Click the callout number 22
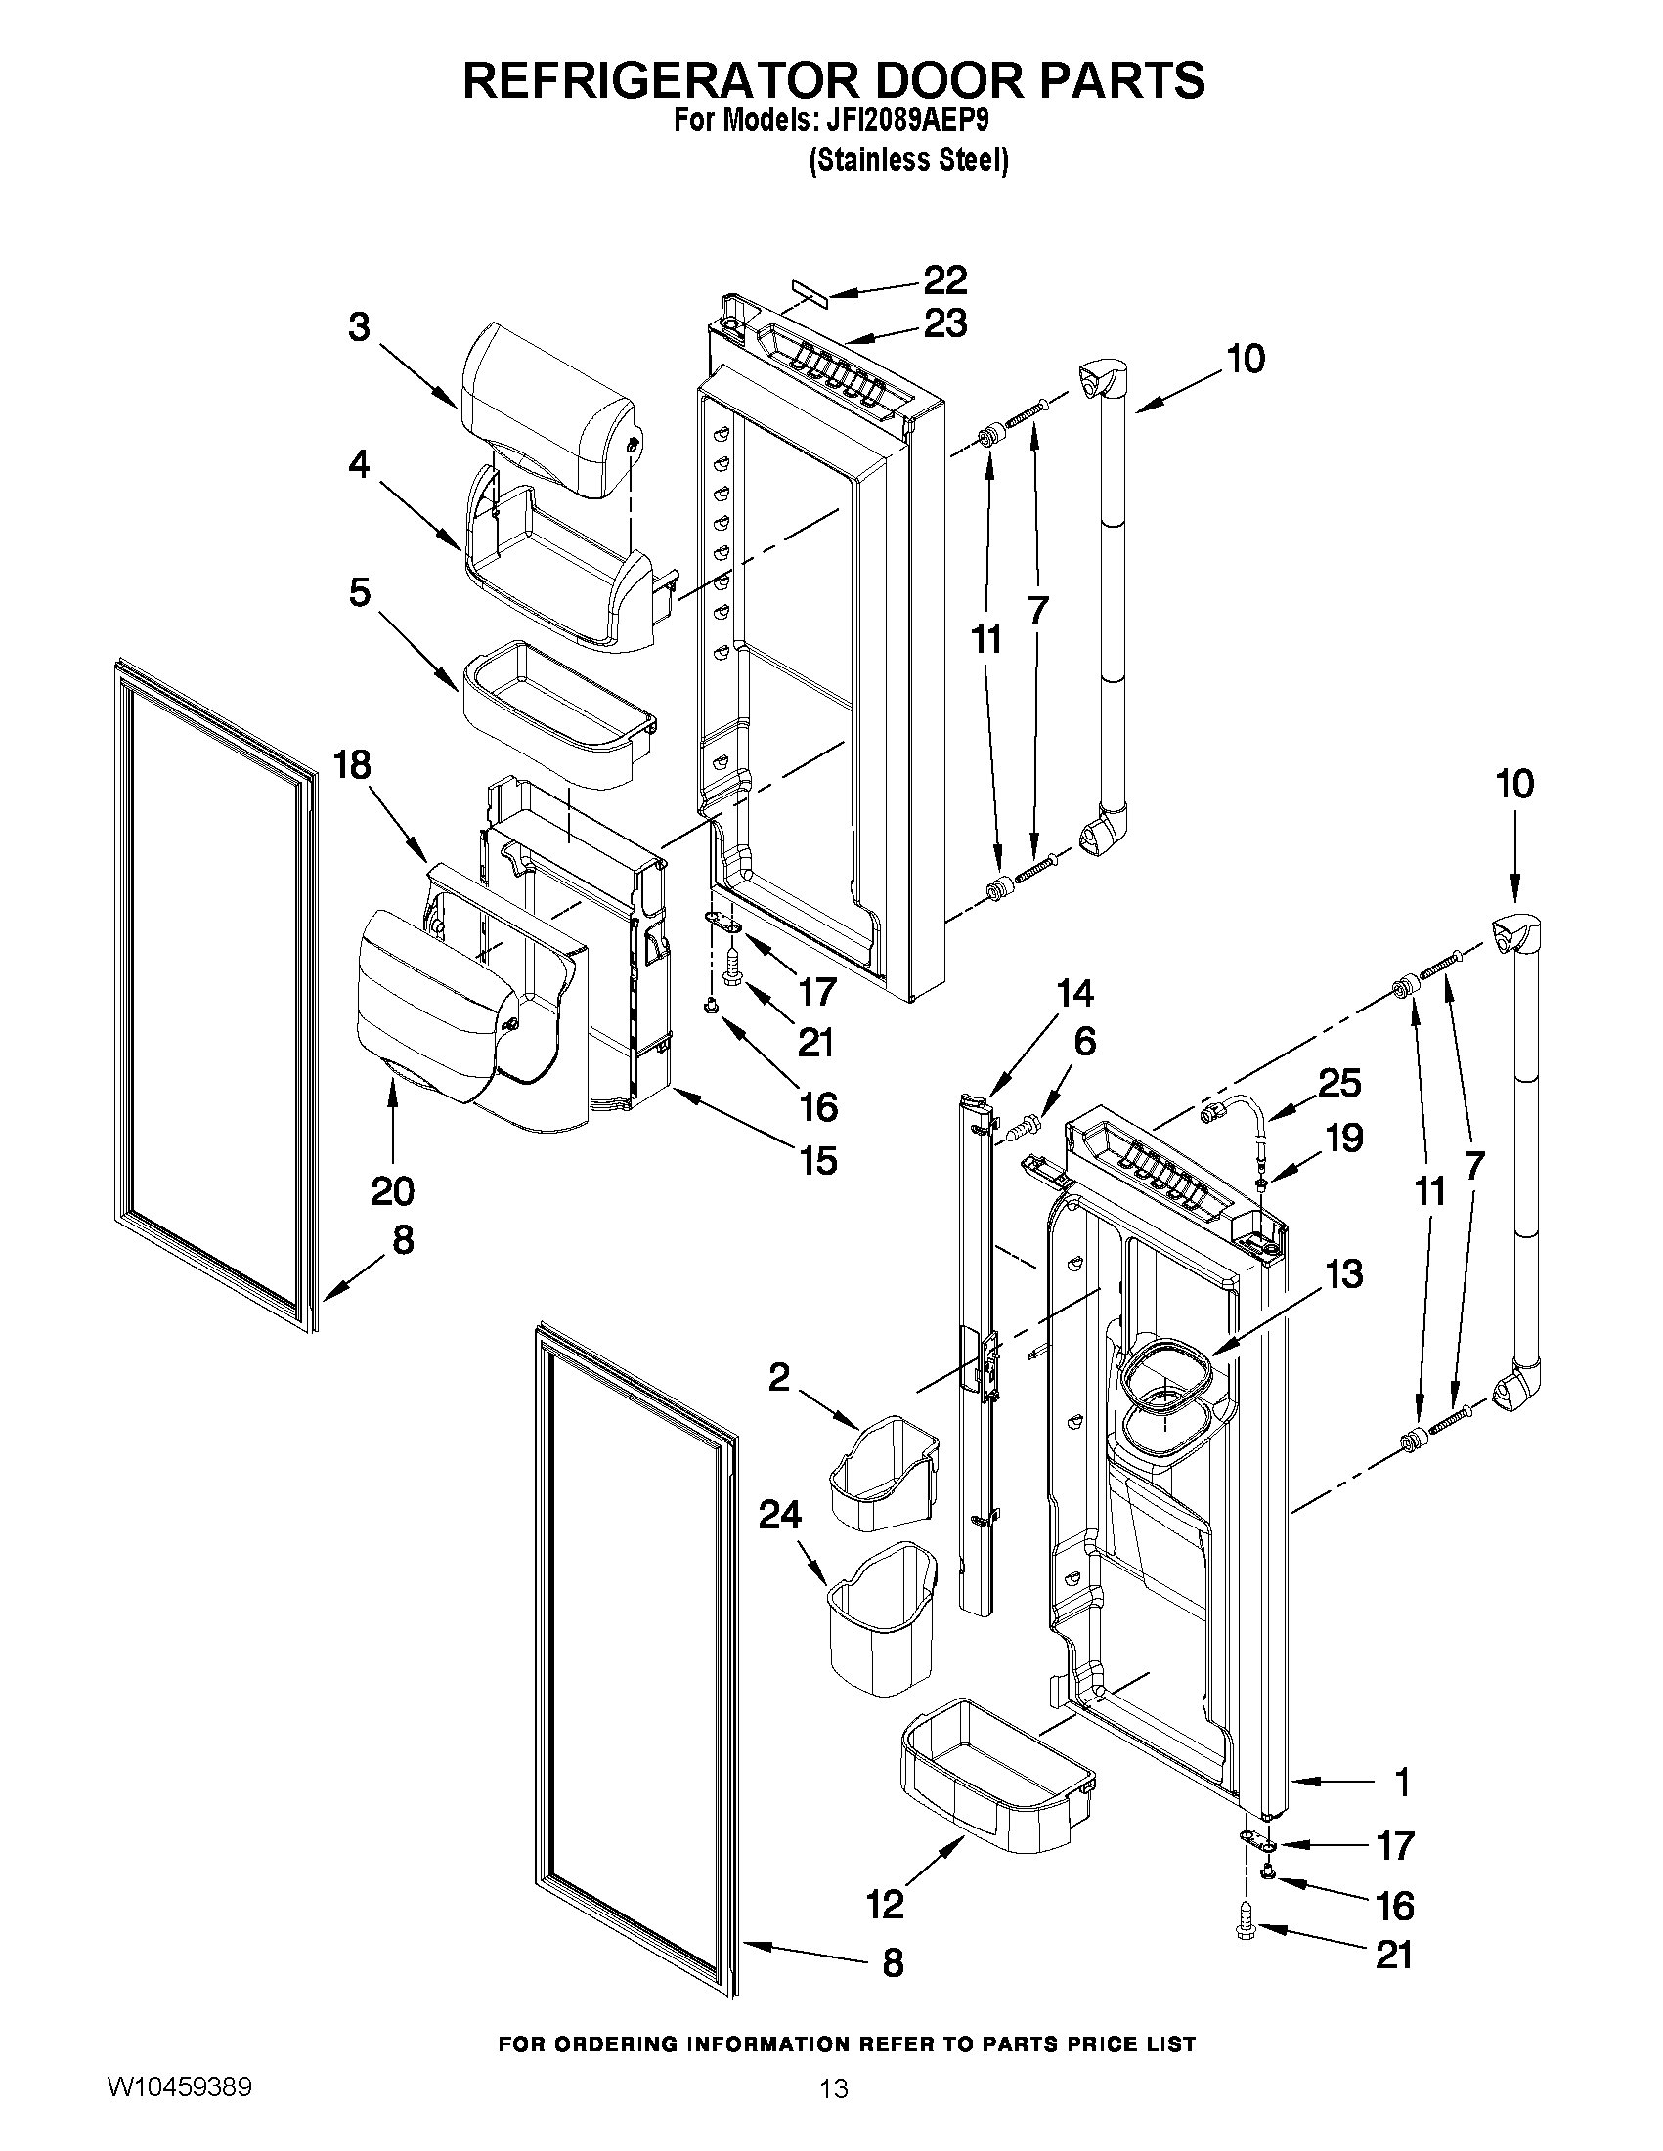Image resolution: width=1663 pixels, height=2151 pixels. pyautogui.click(x=943, y=280)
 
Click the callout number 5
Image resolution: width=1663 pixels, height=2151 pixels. pyautogui.click(x=360, y=593)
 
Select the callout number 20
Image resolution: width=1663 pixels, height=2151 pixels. pyautogui.click(x=392, y=1191)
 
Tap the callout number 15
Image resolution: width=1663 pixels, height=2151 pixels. pyautogui.click(x=818, y=1160)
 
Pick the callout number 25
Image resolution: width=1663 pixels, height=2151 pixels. pyautogui.click(x=1339, y=1084)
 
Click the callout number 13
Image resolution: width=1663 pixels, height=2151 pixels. pyautogui.click(x=1344, y=1273)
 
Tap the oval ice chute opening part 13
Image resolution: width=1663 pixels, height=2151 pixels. pyautogui.click(x=1165, y=1374)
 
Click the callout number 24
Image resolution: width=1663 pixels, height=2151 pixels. pyautogui.click(x=779, y=1515)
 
